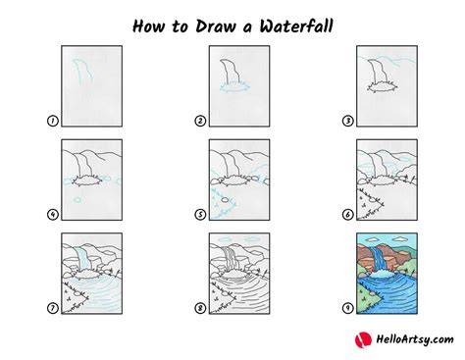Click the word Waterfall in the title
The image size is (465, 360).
coord(296,26)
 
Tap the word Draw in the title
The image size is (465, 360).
coord(216,26)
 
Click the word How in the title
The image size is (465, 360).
coord(148,26)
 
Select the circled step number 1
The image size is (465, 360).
coord(53,121)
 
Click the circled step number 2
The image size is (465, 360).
coord(200,121)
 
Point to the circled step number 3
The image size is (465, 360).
coord(347,121)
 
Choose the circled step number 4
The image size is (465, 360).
coord(53,215)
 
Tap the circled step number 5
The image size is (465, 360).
coord(200,215)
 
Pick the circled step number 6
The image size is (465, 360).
coord(347,215)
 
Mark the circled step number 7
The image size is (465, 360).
coord(53,308)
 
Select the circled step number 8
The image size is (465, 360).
coord(200,308)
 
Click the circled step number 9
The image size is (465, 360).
coord(347,308)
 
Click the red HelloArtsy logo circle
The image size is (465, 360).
coord(363,339)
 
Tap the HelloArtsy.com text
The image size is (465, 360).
coord(415,339)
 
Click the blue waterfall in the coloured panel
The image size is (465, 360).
coord(380,258)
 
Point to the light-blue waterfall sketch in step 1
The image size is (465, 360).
coord(81,72)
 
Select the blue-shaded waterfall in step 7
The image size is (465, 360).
coord(84,258)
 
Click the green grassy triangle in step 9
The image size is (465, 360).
coord(368,298)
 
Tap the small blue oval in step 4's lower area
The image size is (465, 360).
coord(77,199)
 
